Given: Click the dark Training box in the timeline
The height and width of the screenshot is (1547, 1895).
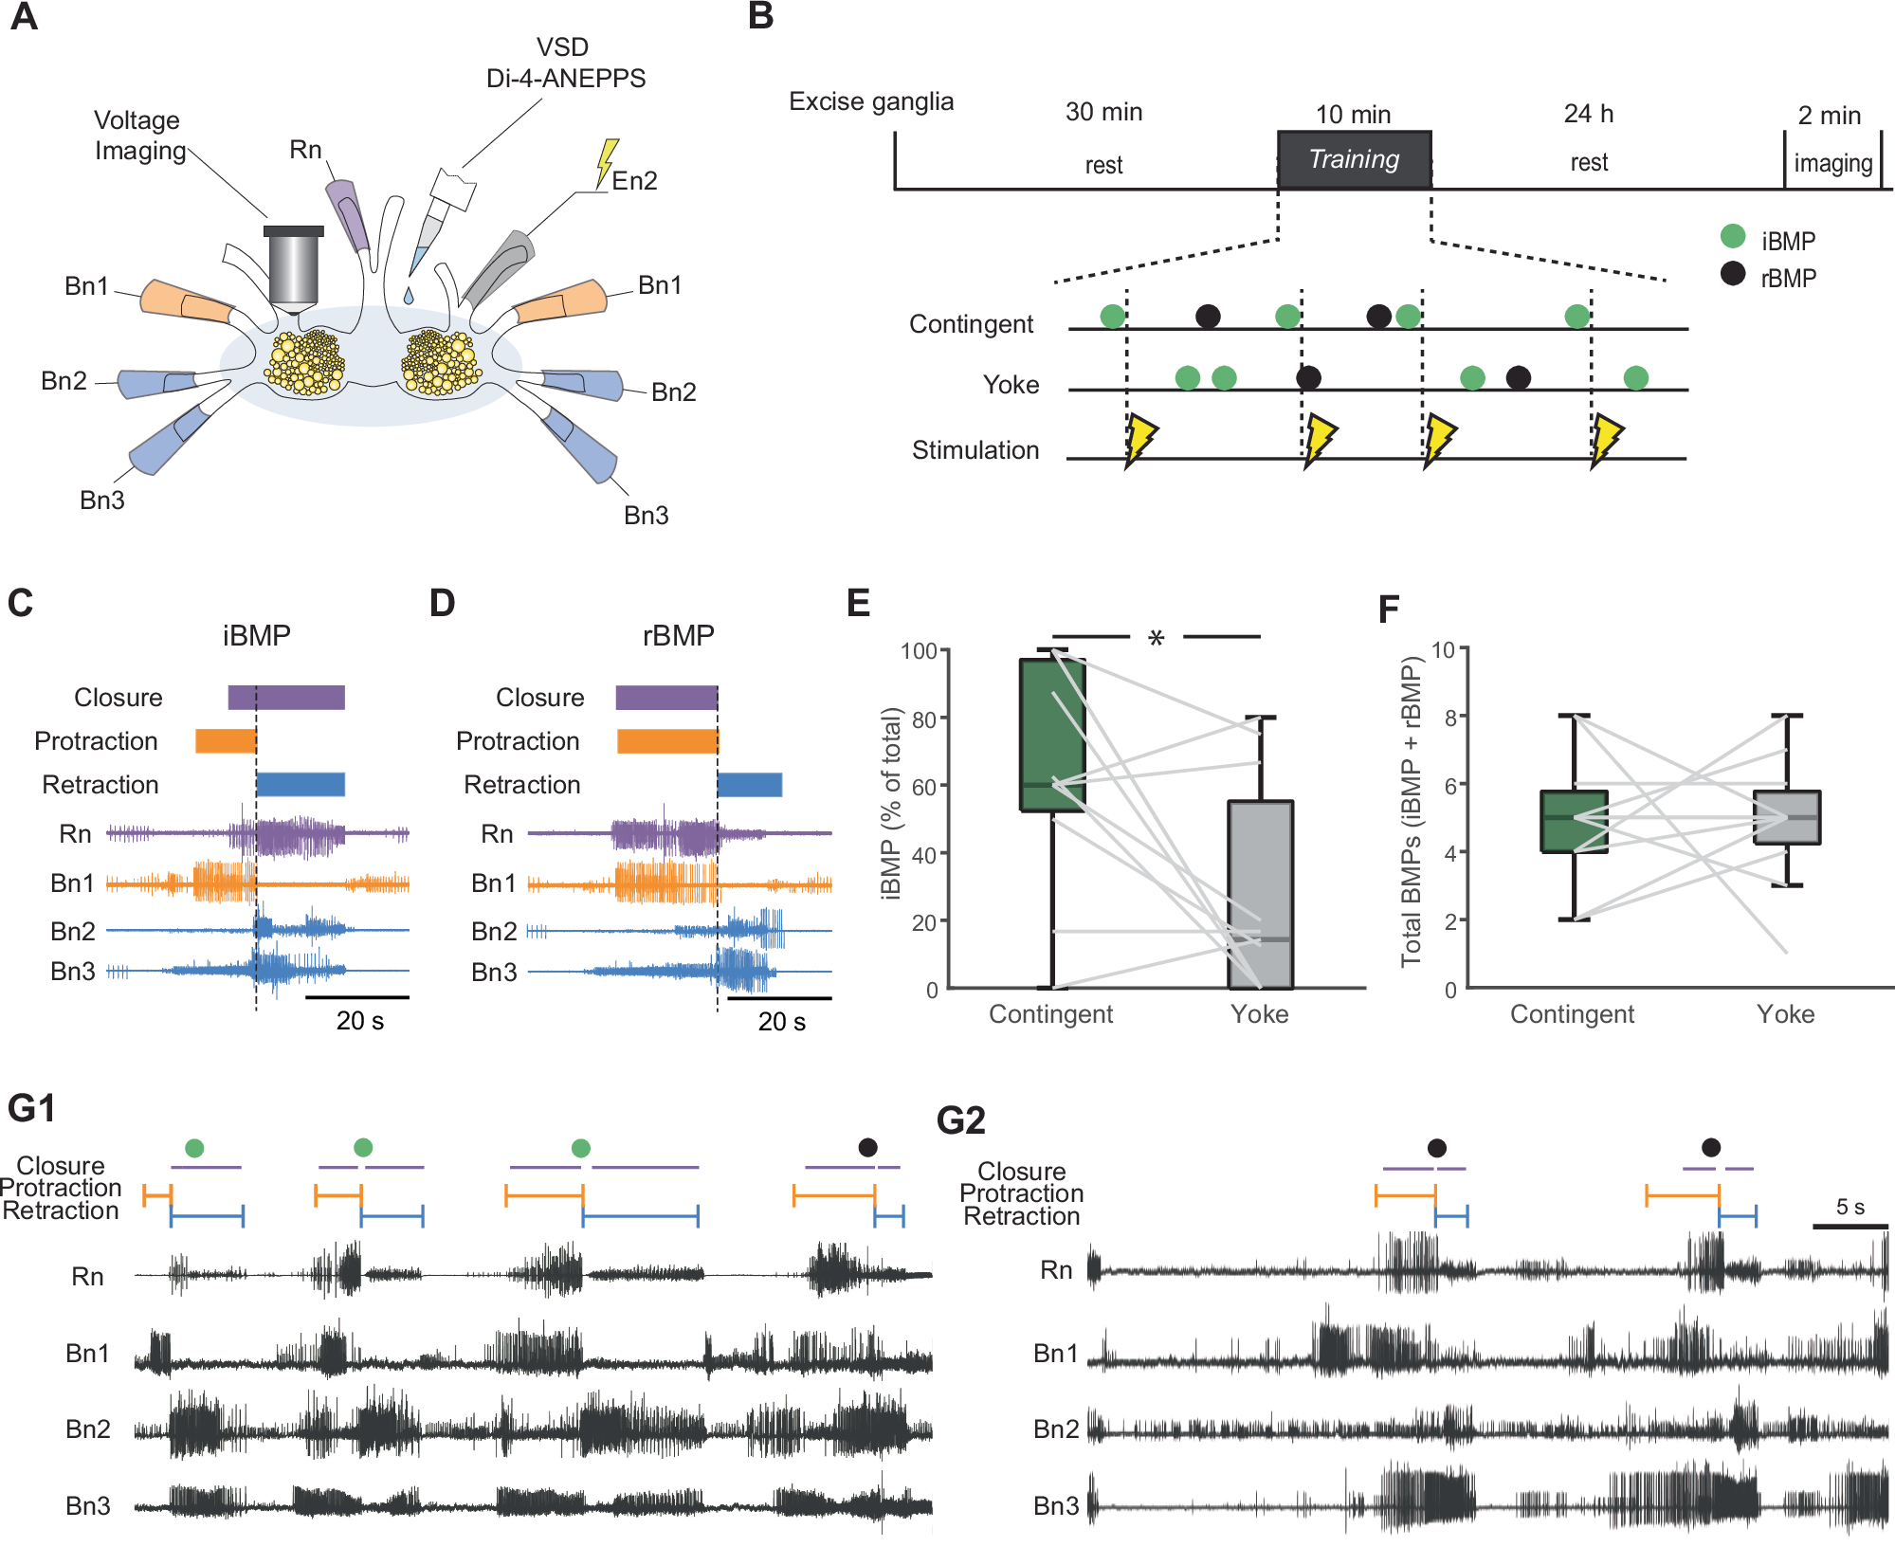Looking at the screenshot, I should click(x=1354, y=159).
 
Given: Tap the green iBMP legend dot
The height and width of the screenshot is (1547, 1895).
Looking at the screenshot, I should click(x=1732, y=236).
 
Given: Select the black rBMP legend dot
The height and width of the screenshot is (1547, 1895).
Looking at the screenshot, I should click(x=1732, y=274).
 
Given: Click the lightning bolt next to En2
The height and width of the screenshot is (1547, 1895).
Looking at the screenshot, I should click(x=606, y=162).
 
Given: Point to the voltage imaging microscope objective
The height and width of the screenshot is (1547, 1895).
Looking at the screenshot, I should click(x=294, y=270).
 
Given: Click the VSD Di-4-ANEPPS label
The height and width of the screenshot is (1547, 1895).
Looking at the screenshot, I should click(x=565, y=63).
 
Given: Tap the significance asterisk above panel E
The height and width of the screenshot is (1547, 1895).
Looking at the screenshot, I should click(x=1156, y=639).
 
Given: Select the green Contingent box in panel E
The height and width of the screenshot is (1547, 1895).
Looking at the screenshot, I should click(x=1052, y=735).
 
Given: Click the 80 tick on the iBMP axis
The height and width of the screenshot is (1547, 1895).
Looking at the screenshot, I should click(x=924, y=719).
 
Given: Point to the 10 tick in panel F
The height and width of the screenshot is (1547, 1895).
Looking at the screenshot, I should click(x=1444, y=650).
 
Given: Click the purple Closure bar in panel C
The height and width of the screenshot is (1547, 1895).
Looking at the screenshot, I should click(x=286, y=698).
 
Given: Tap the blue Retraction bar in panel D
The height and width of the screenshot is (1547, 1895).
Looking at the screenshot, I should click(x=750, y=785).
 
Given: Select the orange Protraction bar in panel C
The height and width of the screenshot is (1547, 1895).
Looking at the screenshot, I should click(x=226, y=741).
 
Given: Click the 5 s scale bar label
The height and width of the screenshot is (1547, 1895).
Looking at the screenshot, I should click(x=1849, y=1207).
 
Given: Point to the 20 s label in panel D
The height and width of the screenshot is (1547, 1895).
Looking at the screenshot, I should click(x=781, y=1022).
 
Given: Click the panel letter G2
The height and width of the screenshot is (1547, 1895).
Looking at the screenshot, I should click(x=960, y=1120).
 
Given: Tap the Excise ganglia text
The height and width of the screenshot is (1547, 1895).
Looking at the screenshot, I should click(x=870, y=101).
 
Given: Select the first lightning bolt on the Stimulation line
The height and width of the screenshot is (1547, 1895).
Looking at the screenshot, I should click(x=1139, y=439).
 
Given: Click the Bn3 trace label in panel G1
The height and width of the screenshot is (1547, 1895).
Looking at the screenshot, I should click(x=88, y=1505).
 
